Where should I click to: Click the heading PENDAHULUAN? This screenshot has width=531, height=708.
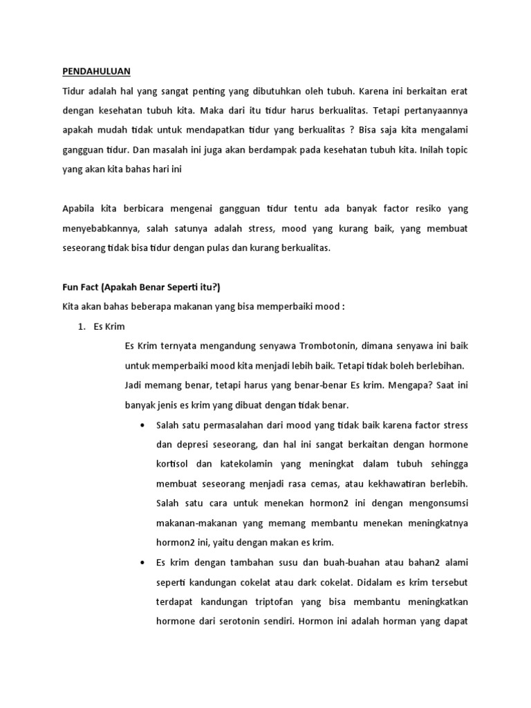(x=96, y=71)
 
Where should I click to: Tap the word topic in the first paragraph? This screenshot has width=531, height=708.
(x=462, y=149)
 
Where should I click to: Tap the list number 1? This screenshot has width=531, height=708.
(x=80, y=326)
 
